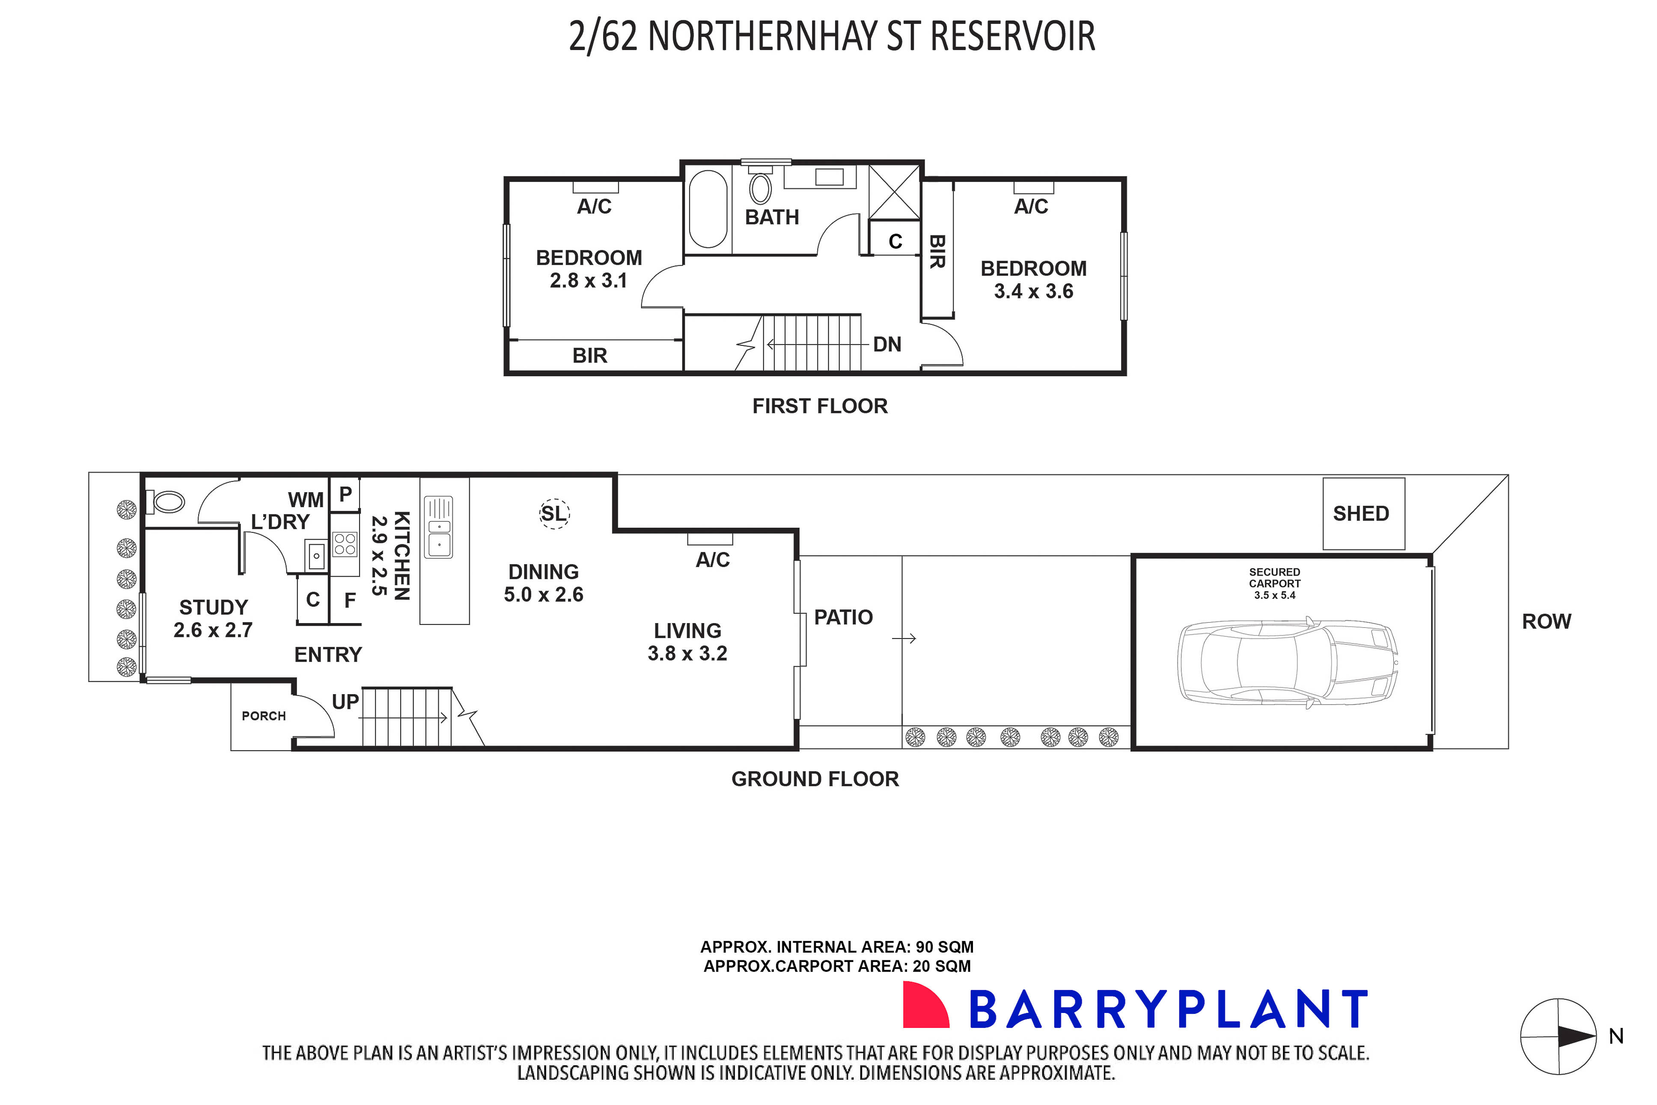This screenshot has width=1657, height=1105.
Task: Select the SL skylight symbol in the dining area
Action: [x=554, y=514]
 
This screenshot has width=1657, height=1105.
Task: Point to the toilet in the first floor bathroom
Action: [x=760, y=188]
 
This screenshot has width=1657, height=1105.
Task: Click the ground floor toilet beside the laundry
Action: [x=167, y=502]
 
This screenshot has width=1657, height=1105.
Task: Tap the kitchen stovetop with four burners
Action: [x=345, y=544]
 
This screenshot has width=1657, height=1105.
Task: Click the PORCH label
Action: [x=264, y=716]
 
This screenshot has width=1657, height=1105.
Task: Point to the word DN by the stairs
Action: [x=887, y=345]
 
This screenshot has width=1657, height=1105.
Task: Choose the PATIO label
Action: [x=843, y=617]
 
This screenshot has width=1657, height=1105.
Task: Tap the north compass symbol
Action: [x=1558, y=1037]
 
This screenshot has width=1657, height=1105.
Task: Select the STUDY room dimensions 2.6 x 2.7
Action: [x=213, y=630]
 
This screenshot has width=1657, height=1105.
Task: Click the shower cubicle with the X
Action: [x=894, y=192]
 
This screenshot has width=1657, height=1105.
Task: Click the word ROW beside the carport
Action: [x=1546, y=621]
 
